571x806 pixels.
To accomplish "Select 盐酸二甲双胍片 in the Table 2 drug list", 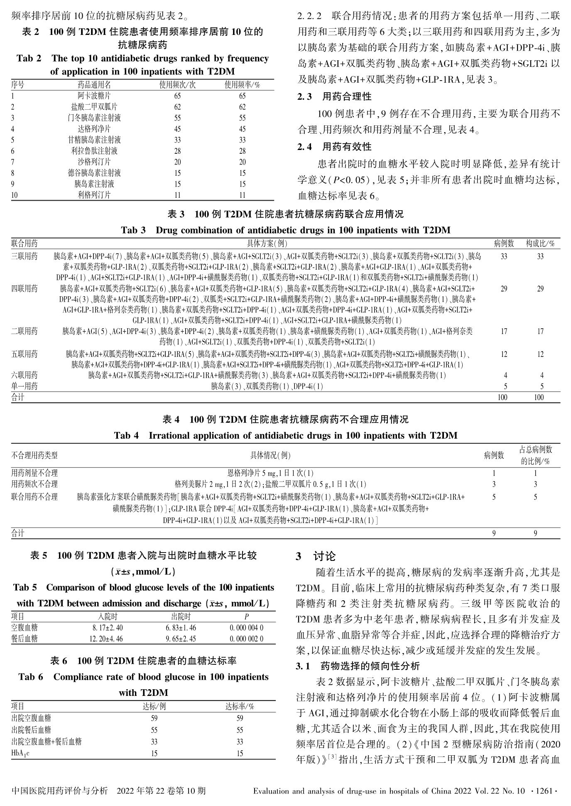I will pos(94,107).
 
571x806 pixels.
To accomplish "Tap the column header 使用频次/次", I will pos(177,85).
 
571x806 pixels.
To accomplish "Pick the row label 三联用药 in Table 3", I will pos(25,256).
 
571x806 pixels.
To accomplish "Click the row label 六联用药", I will pos(25,375).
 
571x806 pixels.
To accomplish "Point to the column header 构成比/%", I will pos(540,244).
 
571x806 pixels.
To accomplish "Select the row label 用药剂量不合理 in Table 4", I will pos(34,473).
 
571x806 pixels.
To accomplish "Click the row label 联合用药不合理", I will pos(34,497).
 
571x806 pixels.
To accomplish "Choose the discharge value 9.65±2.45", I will pos(181,639).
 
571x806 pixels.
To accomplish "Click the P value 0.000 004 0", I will pos(246,628).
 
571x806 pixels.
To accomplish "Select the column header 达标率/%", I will pos(240,706).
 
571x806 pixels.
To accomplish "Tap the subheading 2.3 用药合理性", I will pos(334,97).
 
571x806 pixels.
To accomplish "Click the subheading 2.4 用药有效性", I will pos(334,147).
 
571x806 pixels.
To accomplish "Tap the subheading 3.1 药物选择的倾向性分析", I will pos(358,666).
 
